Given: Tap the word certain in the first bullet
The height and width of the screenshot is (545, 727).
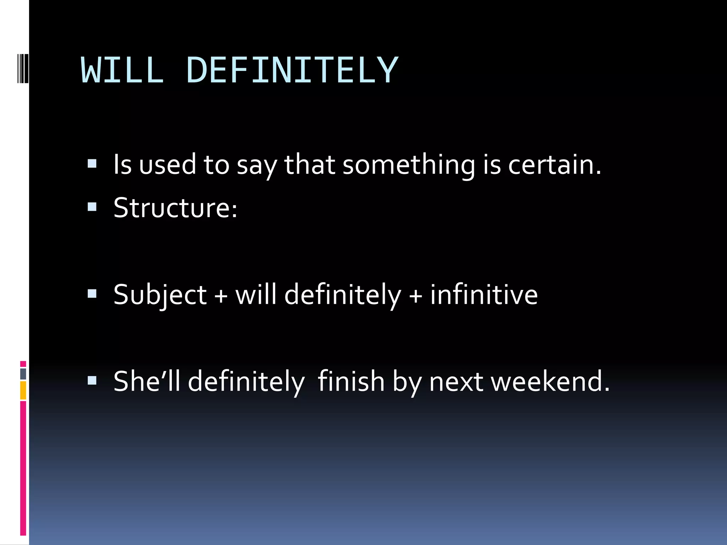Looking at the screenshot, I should click(554, 165).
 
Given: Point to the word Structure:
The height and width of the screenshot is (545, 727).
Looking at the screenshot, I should click(175, 208).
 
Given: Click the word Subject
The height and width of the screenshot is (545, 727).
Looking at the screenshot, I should click(160, 295).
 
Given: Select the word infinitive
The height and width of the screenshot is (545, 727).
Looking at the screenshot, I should click(483, 295).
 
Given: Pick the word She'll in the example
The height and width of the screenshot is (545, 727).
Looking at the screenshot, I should click(147, 381).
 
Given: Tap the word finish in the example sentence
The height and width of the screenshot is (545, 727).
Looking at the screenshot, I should click(351, 381).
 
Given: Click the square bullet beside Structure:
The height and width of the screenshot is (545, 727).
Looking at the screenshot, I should click(92, 207).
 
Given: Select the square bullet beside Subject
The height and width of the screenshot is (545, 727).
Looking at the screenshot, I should click(92, 294).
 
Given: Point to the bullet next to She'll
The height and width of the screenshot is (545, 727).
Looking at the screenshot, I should click(92, 381).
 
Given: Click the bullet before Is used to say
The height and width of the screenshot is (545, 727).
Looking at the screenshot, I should click(92, 164).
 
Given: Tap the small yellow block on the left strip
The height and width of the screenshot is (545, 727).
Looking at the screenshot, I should click(23, 390).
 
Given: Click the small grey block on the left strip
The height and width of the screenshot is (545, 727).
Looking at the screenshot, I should click(23, 374).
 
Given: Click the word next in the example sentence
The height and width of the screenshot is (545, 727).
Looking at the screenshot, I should click(456, 381).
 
